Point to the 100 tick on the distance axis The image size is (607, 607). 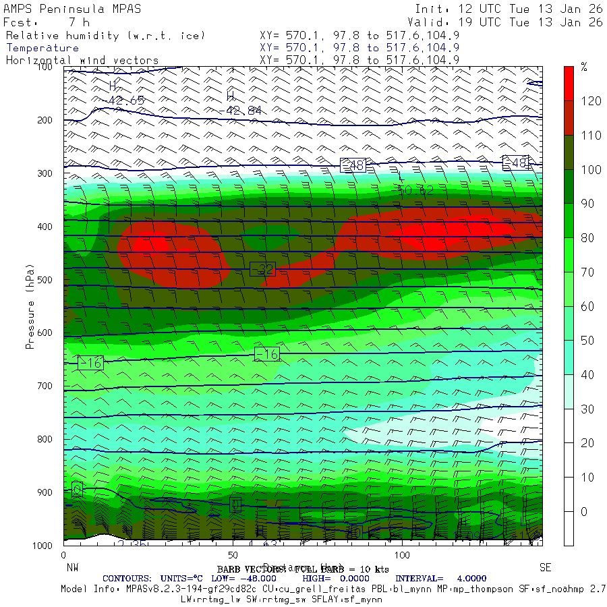pyautogui.click(x=402, y=554)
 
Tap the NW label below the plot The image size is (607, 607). pyautogui.click(x=72, y=567)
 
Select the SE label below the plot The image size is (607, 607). pyautogui.click(x=546, y=567)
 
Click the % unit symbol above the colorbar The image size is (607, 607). pyautogui.click(x=584, y=67)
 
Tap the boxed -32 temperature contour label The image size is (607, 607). pyautogui.click(x=262, y=270)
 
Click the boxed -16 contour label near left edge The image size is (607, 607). pyautogui.click(x=90, y=363)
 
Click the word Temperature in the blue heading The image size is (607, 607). pyautogui.click(x=42, y=48)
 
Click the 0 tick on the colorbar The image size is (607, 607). pyautogui.click(x=584, y=511)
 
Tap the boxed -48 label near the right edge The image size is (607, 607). pyautogui.click(x=517, y=163)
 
